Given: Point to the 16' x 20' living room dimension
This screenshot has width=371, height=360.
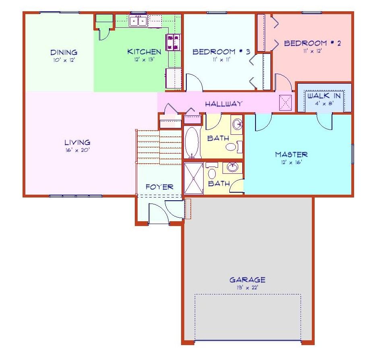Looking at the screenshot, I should (77, 150).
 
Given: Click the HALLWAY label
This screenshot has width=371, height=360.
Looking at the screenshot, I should (224, 104).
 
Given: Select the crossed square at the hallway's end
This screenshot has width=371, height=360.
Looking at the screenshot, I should (285, 103).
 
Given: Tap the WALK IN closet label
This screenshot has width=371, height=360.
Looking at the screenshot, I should (324, 96).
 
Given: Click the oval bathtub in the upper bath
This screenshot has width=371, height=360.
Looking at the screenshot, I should (192, 142).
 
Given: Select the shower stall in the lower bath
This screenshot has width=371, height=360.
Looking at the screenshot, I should (194, 178).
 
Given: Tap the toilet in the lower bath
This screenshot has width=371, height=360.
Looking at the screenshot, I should (212, 173).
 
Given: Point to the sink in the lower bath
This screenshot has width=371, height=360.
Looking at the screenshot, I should (232, 167).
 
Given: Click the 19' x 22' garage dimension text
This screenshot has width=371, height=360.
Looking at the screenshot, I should (247, 288).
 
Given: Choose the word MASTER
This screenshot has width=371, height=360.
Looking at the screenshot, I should (291, 154).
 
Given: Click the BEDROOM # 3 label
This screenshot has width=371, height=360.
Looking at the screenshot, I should (221, 52).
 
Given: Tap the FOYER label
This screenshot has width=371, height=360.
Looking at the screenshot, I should (159, 187).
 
